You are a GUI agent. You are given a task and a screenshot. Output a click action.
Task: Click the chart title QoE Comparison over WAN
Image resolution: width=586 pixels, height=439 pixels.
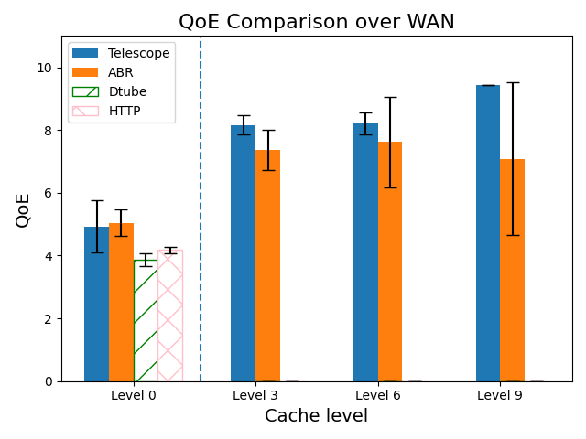316,22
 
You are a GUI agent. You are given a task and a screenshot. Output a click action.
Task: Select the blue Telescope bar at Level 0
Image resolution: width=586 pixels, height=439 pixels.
96,305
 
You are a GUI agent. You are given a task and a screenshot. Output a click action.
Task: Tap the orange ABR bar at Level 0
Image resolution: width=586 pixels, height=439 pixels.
121,302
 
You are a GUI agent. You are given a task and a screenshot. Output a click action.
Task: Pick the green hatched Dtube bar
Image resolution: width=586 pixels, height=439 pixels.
146,320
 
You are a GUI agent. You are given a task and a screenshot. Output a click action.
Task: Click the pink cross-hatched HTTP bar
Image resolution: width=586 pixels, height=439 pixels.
170,316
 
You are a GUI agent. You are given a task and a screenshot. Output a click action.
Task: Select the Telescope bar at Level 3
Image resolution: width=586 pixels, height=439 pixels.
243,253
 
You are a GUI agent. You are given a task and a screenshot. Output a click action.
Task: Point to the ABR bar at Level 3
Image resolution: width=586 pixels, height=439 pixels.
267,265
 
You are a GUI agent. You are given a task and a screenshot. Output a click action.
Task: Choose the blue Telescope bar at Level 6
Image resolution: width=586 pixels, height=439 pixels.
365,252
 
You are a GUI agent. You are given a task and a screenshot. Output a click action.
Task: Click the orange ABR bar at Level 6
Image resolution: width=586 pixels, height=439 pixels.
390,262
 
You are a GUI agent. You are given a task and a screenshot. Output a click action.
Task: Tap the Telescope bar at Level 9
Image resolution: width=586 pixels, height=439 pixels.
488,233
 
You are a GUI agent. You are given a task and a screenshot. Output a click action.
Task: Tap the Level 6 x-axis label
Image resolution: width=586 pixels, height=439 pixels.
377,395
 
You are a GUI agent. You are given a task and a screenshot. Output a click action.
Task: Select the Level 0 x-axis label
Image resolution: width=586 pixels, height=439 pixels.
133,395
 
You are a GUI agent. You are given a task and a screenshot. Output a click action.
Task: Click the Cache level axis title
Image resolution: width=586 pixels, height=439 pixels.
316,416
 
